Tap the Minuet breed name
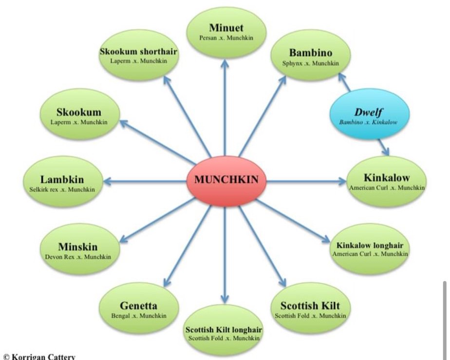point(226,28)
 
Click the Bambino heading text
point(310,53)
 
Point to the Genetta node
point(138,309)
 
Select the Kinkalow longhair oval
point(370,249)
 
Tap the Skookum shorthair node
point(139,55)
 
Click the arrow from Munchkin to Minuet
point(225,107)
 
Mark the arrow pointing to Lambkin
point(146,182)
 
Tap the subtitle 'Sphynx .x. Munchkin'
point(310,63)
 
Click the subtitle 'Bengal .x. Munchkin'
point(139,316)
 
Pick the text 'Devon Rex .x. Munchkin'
point(78,257)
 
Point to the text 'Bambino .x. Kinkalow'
point(368,122)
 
